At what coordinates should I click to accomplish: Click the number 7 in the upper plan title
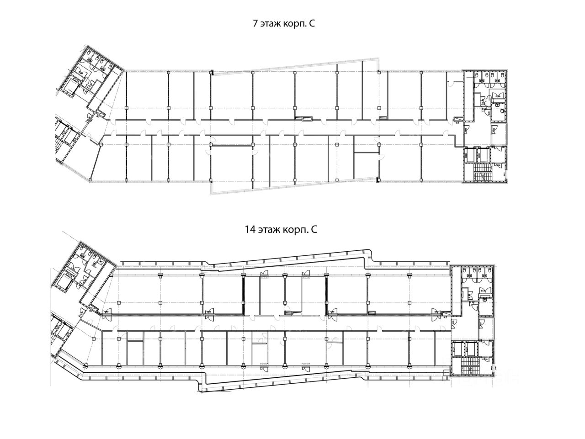click(255, 24)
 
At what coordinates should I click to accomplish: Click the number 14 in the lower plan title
click(249, 230)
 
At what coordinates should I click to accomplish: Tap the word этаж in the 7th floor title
click(271, 25)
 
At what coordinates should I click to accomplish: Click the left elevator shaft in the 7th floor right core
click(469, 154)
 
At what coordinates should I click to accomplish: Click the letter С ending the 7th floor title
click(312, 25)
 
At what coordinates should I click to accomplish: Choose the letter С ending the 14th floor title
click(314, 230)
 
